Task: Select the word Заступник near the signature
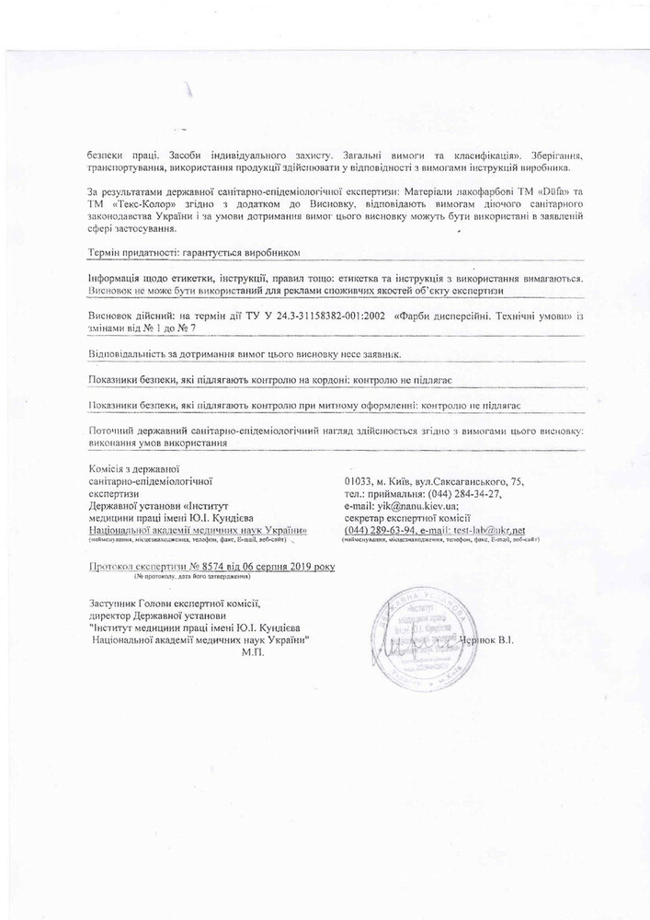click(x=111, y=604)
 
